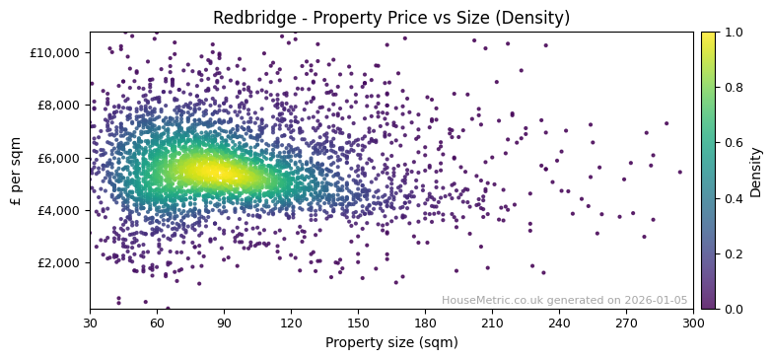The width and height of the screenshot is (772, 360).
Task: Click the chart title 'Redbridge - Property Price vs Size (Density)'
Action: (391, 18)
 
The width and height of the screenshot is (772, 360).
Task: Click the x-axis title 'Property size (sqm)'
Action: (391, 343)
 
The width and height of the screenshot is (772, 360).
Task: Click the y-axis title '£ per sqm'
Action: (16, 171)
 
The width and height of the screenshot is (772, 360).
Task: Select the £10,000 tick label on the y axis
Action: (52, 52)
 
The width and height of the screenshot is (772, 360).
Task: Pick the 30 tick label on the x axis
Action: (90, 323)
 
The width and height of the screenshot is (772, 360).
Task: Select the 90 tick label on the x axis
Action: (224, 323)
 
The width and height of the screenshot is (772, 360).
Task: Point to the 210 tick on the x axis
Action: (492, 323)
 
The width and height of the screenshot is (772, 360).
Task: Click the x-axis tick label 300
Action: (693, 323)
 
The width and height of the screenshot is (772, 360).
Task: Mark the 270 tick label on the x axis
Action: (626, 323)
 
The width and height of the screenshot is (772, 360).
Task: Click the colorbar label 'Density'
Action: (756, 171)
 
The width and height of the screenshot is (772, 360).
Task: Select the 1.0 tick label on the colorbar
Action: (734, 32)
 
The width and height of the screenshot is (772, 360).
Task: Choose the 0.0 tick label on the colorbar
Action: (734, 309)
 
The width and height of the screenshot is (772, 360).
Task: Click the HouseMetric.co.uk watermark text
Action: (564, 301)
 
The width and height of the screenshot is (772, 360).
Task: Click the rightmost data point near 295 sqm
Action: (679, 172)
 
